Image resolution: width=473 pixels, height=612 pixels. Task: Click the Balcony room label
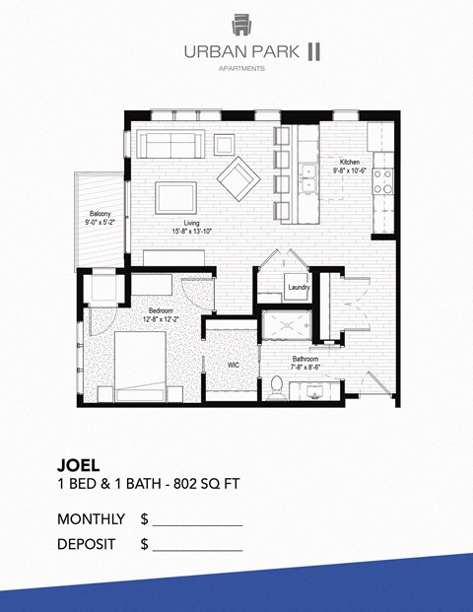click(x=100, y=214)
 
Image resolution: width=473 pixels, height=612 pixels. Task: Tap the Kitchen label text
click(x=350, y=163)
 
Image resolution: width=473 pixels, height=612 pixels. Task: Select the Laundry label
click(x=298, y=288)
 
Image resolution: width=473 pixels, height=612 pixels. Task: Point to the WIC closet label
click(x=234, y=365)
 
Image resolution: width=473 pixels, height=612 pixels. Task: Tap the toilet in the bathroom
click(x=277, y=390)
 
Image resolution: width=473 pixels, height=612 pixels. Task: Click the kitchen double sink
click(x=309, y=176)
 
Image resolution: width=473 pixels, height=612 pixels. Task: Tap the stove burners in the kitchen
click(x=380, y=180)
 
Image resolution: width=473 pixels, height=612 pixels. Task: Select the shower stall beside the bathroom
click(x=288, y=326)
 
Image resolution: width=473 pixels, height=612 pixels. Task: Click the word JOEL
click(x=80, y=463)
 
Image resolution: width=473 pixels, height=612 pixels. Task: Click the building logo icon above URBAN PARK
click(x=241, y=24)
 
